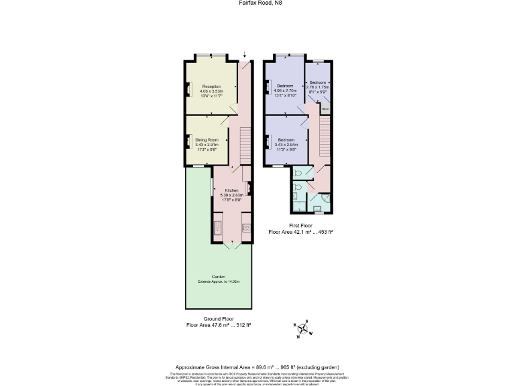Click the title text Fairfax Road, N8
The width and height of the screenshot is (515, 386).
pos(257,3)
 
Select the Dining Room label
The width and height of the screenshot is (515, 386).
pos(207,139)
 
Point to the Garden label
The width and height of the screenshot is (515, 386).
pos(218,276)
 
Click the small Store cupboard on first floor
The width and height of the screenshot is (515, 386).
pos(325,108)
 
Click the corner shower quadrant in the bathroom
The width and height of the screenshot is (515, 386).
pos(325,198)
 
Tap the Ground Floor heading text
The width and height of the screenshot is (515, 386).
pos(218,319)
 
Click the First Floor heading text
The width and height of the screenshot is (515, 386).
pos(300,226)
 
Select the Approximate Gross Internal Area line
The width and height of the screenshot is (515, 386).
pos(257,367)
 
